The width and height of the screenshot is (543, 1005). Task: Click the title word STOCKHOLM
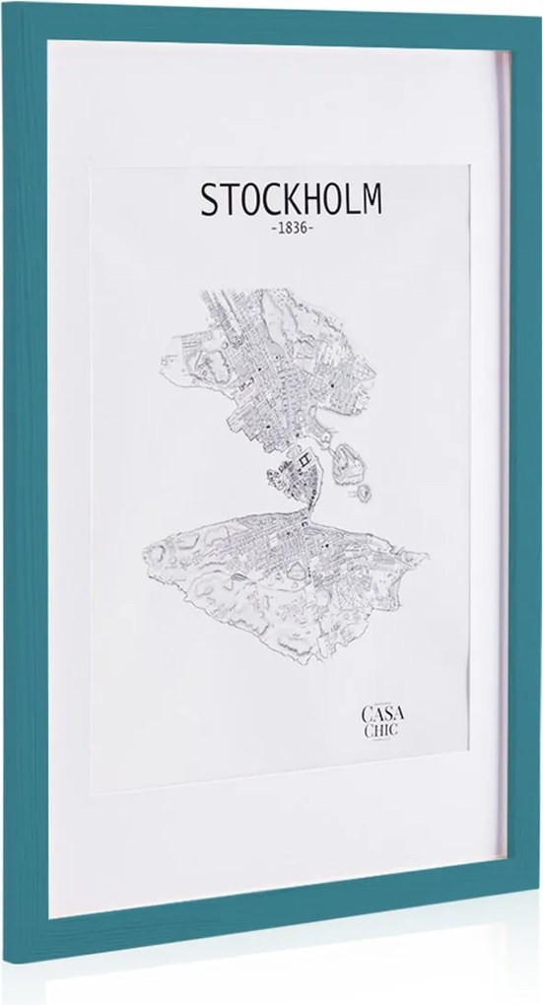tap(290, 200)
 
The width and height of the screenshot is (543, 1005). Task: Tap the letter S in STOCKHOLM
tap(209, 200)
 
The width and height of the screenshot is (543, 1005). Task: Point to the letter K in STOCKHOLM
tap(290, 200)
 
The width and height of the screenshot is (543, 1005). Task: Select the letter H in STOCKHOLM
tap(310, 200)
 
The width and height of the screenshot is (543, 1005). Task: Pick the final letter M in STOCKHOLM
tap(371, 200)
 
